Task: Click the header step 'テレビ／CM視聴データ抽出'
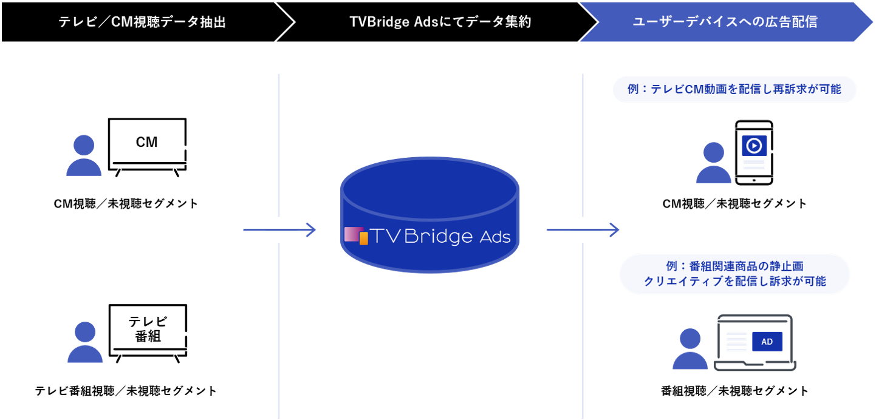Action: [142, 22]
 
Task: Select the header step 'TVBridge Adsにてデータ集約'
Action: [440, 22]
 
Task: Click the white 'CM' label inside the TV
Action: [147, 142]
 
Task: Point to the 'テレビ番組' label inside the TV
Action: [147, 329]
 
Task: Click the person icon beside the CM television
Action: [84, 155]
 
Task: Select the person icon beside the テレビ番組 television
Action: [84, 342]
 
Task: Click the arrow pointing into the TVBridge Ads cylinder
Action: [280, 230]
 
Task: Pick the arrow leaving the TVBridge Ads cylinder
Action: [583, 230]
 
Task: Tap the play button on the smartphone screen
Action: [754, 146]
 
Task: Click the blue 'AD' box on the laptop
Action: [767, 342]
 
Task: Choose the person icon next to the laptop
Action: [690, 349]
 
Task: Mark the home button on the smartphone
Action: [754, 180]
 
